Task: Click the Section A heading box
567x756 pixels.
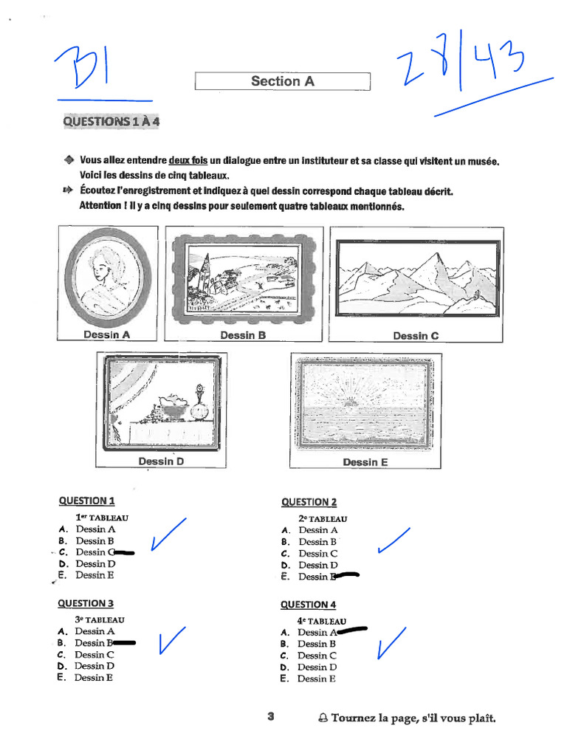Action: [x=282, y=81]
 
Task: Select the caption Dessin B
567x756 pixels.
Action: [x=243, y=335]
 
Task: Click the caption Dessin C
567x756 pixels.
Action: [x=416, y=336]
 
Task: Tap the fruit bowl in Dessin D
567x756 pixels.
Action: [x=173, y=408]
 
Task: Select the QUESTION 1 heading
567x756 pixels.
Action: [x=86, y=501]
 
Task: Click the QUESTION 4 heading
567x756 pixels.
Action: [x=308, y=605]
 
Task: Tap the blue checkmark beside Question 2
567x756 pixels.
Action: [x=393, y=541]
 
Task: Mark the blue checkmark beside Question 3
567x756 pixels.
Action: [x=171, y=640]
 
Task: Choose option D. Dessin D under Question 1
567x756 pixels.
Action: [x=95, y=563]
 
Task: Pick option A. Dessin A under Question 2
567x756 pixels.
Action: [x=317, y=530]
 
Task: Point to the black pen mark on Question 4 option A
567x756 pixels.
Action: [x=352, y=631]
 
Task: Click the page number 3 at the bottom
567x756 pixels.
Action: [x=271, y=716]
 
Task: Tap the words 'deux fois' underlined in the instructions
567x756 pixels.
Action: [x=188, y=160]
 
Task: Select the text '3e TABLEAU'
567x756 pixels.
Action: [x=100, y=620]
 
